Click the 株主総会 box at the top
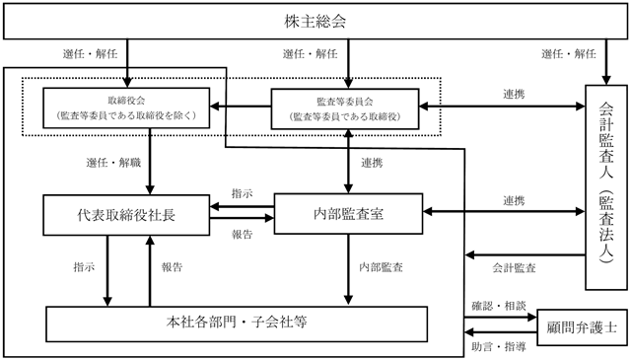[315, 22]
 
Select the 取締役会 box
[126, 108]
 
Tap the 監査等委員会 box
[345, 108]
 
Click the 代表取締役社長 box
[126, 215]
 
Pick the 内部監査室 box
[348, 214]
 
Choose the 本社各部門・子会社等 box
[237, 324]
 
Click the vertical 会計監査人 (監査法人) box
[606, 187]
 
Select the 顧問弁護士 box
[582, 327]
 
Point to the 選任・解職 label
[113, 163]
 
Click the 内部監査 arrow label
[381, 267]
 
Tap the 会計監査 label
[514, 268]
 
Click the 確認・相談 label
[499, 306]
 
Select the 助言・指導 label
[499, 346]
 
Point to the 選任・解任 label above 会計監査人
[568, 53]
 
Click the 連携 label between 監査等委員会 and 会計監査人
[514, 94]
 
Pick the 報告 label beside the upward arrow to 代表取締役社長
[173, 267]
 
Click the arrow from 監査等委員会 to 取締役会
[241, 107]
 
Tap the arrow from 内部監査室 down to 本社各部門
[348, 269]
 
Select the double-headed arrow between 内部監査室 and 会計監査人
[504, 211]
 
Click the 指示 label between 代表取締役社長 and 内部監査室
[242, 193]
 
